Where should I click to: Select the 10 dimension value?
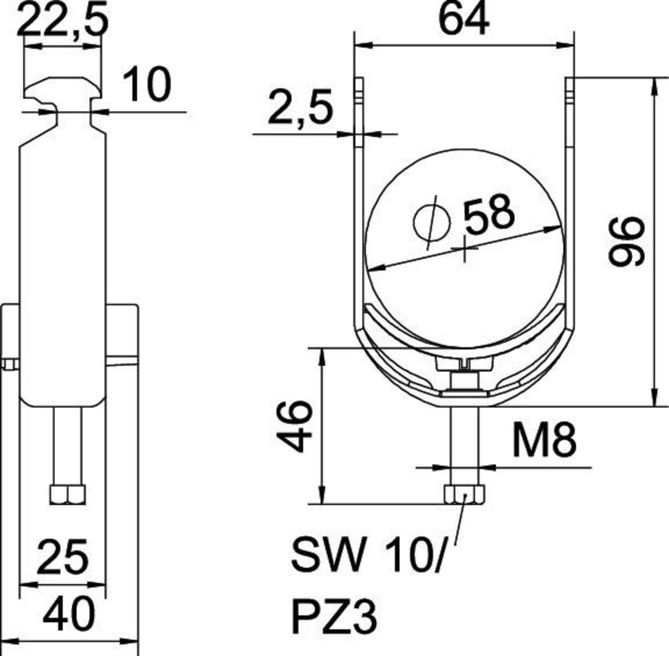(146, 85)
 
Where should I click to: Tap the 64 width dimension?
(464, 20)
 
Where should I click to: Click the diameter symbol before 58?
(431, 222)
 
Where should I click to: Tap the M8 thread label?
(544, 441)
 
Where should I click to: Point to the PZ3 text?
(334, 616)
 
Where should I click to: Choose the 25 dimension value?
(62, 558)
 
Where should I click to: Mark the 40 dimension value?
(69, 615)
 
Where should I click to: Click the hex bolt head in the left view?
(68, 494)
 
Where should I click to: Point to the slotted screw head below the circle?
(464, 363)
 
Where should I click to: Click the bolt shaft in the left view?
(68, 446)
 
